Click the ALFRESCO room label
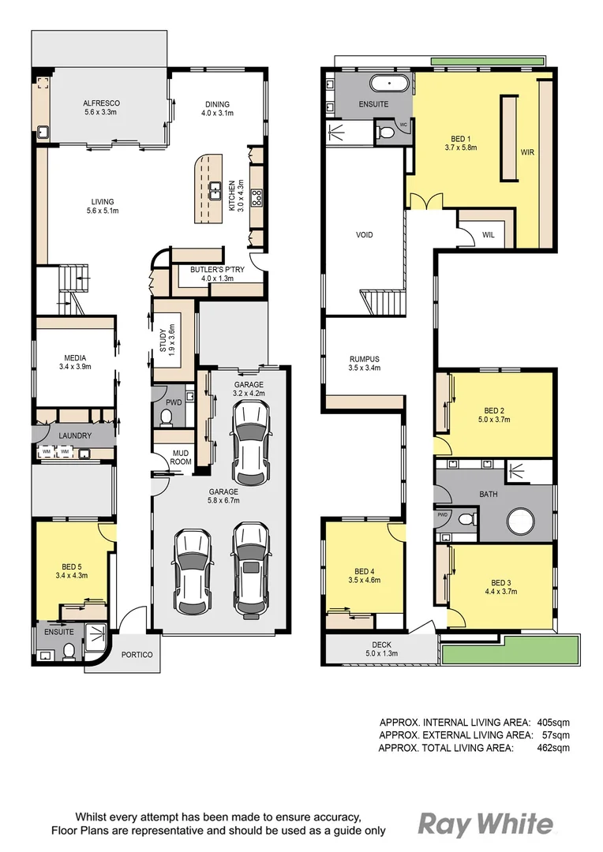tap(101, 103)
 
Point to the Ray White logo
tap(485, 824)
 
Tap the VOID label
tap(364, 235)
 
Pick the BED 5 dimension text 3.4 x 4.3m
tap(74, 575)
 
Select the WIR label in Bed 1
tap(527, 152)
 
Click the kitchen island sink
tap(213, 190)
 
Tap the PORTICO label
tap(136, 655)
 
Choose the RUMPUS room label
tap(364, 358)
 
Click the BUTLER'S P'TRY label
tap(211, 269)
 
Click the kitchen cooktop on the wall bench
tap(257, 199)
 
